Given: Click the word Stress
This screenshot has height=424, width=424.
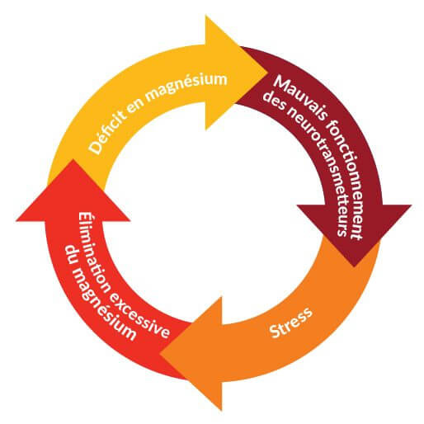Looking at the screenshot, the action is point(291,323).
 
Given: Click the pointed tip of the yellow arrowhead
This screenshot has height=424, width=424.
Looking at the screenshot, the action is point(268,73).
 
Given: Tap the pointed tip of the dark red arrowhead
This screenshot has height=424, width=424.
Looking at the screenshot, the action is point(354,266).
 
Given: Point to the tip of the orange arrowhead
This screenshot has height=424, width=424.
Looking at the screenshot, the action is point(160,353).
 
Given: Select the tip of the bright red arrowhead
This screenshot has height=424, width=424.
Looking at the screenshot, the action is point(73,159).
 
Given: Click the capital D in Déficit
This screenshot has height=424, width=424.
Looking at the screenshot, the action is point(96,148).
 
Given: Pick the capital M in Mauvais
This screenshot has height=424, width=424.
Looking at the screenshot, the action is point(281,82).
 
